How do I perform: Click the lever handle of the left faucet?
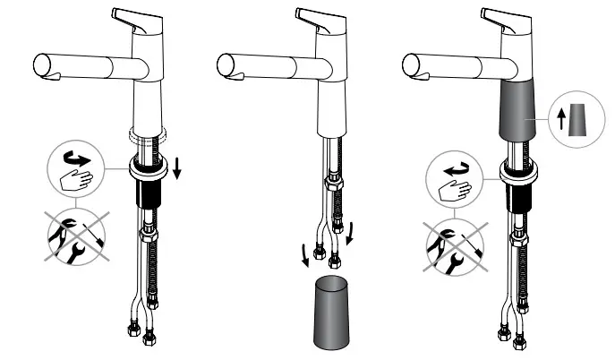point(135,17)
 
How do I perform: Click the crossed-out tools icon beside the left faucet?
point(75,236)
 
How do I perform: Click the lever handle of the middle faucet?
point(320,17)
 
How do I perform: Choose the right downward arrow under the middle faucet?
point(350,235)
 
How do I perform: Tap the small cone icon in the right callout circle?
point(580,119)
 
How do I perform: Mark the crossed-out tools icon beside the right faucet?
point(453,242)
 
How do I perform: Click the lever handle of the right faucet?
point(504,17)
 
